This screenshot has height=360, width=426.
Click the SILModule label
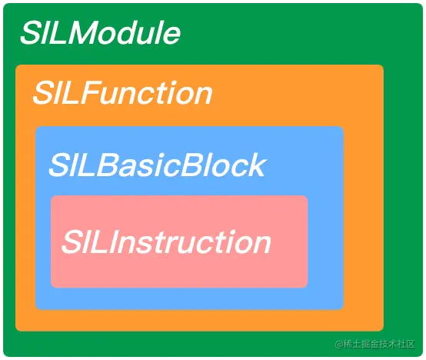click(100, 32)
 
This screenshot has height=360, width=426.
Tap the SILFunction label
click(122, 92)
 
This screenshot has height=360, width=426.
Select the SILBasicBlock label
click(158, 165)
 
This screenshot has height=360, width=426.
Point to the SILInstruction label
click(166, 242)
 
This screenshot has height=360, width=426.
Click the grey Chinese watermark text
click(375, 344)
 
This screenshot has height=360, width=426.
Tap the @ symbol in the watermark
click(339, 345)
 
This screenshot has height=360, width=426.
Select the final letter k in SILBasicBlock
click(257, 165)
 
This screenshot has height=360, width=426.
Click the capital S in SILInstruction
click(72, 242)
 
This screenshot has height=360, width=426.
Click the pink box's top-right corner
click(308, 195)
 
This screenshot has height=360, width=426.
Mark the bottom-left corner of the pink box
click(51, 288)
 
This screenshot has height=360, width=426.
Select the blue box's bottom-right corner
click(344, 309)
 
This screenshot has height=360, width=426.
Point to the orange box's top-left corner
click(15, 65)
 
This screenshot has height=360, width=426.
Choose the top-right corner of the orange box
click(384, 65)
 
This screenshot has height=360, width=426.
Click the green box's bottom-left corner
click(4, 356)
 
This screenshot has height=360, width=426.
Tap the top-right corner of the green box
click(423, 4)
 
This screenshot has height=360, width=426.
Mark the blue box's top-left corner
click(35, 126)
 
